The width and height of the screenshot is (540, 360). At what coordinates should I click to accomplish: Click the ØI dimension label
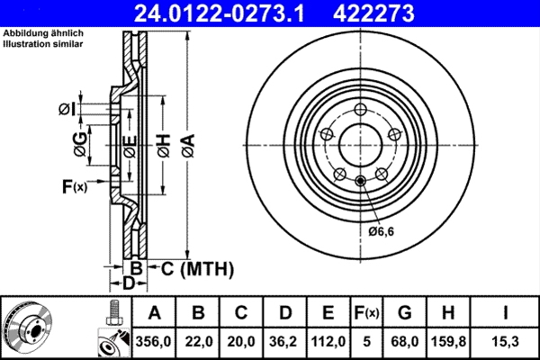(x=67, y=109)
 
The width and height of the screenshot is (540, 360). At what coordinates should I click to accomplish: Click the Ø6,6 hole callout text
(x=382, y=231)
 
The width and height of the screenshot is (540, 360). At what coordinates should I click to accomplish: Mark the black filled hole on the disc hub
(x=361, y=184)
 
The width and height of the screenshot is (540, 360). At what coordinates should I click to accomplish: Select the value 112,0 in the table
(x=328, y=342)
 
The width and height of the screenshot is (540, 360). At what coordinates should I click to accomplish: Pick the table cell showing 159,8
(x=449, y=342)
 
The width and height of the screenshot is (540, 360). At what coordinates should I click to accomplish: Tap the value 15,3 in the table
(x=505, y=342)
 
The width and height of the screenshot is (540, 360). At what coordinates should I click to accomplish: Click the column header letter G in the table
(x=404, y=313)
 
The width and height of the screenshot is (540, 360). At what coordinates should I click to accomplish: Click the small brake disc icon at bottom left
(x=28, y=328)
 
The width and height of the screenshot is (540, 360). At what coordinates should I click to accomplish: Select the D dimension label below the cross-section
(x=129, y=283)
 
